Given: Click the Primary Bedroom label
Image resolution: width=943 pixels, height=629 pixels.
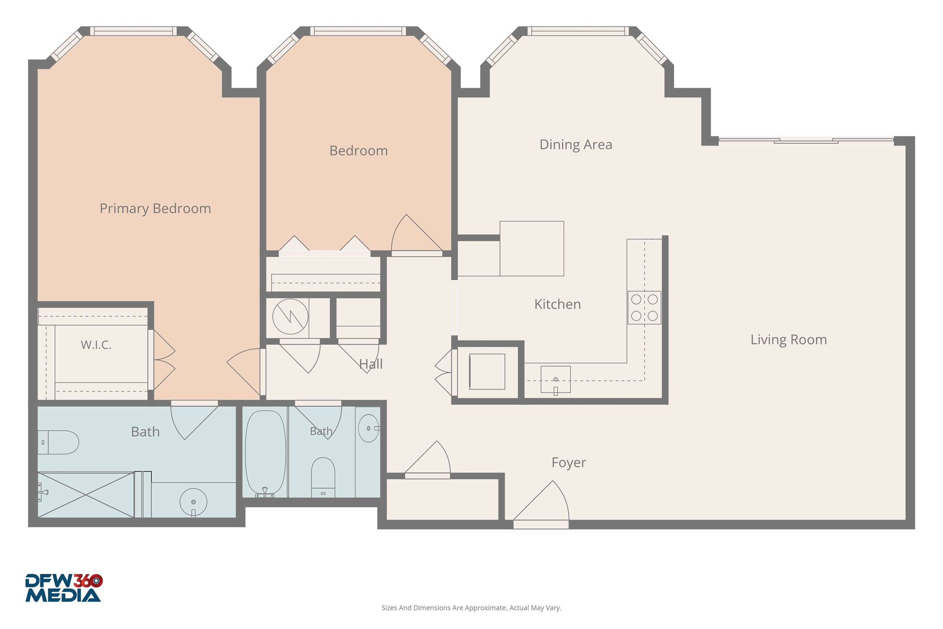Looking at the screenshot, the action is (155, 209).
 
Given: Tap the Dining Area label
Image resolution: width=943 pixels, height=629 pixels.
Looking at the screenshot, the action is (576, 145).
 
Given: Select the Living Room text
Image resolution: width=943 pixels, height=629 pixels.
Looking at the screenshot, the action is (788, 340).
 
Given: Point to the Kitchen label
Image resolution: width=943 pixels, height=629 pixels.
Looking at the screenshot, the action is (557, 304).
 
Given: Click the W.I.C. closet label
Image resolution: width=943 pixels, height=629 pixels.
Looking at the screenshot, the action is (96, 345).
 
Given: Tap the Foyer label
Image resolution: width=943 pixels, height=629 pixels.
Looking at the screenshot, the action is (569, 463).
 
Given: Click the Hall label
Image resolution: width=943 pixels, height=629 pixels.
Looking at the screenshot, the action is (371, 364).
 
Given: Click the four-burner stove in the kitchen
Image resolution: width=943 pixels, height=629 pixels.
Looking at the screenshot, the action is (644, 308).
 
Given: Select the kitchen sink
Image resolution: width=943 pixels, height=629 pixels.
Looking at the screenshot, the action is (555, 380).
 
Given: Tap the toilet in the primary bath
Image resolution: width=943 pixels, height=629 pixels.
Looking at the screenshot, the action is (58, 442).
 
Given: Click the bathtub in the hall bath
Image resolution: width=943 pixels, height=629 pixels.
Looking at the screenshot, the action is (265, 454).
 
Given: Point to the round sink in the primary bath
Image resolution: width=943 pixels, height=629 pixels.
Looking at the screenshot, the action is (193, 502).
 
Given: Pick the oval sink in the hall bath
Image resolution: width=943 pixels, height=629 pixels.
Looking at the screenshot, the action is (369, 428).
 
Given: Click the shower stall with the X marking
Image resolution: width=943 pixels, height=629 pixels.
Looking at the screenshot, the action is (86, 495).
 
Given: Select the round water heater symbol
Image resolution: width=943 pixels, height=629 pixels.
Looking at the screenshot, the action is (290, 317).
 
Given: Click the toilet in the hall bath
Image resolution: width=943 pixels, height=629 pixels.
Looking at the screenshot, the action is (323, 477).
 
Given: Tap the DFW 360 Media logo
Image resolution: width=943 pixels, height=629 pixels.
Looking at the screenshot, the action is (64, 588).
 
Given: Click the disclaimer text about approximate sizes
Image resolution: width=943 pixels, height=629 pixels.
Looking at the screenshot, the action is (471, 608).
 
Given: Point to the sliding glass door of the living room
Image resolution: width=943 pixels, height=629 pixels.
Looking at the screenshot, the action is (806, 140).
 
